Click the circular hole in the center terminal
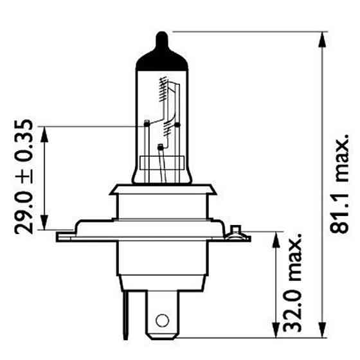tap(162, 319)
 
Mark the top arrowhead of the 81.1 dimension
tap(319, 37)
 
